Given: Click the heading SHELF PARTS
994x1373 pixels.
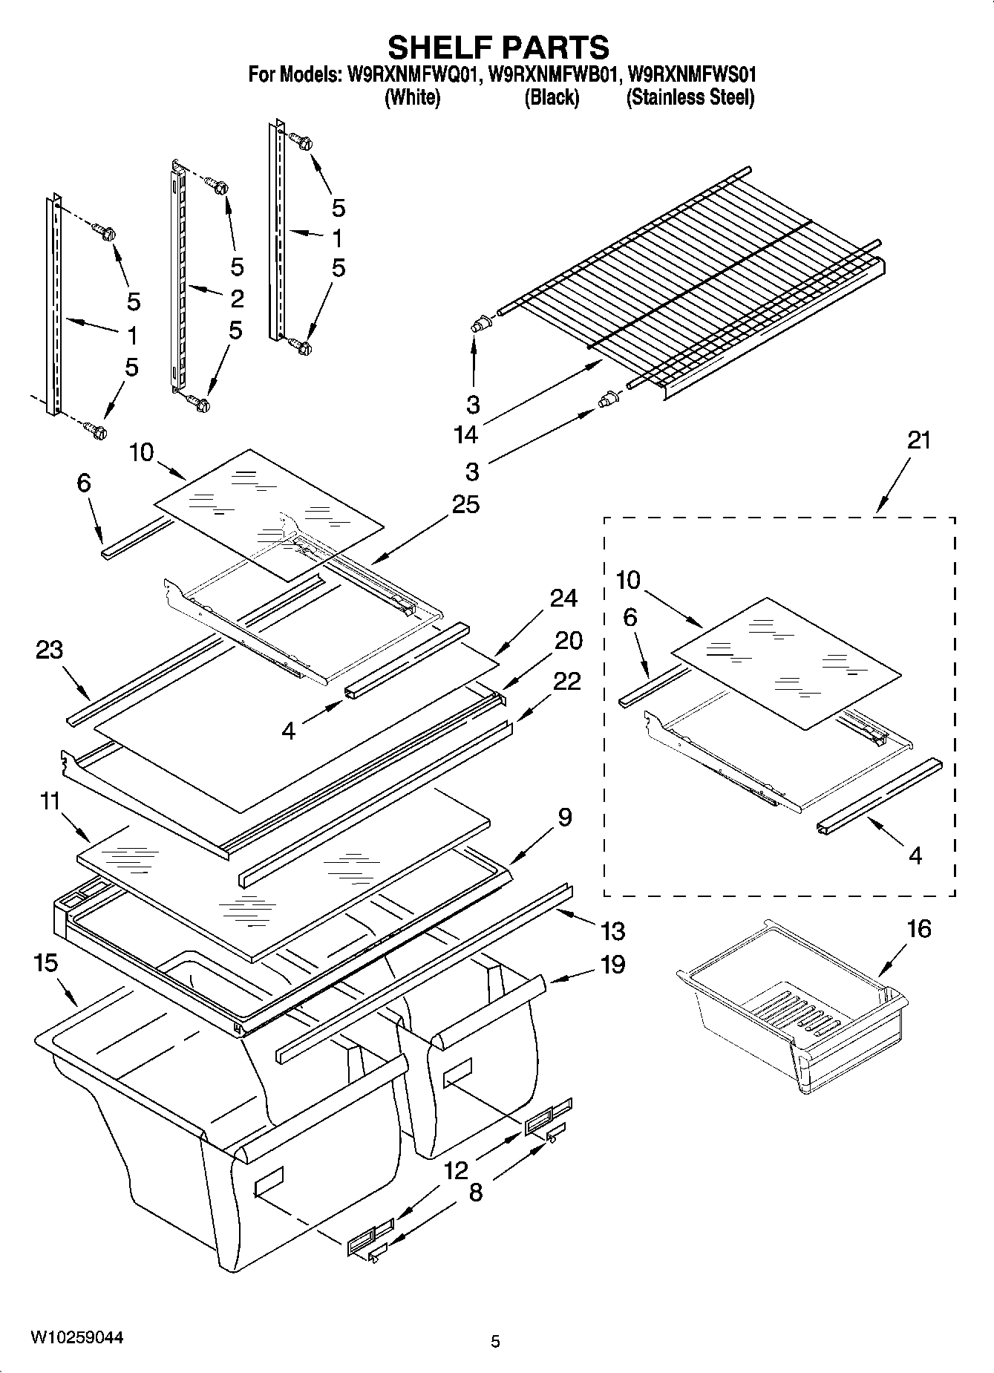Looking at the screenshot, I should [498, 48].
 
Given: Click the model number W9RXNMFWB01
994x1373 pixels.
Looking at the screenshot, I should [553, 75].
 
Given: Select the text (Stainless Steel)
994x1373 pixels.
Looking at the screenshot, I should [690, 98].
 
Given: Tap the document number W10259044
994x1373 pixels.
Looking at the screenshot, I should [76, 1337].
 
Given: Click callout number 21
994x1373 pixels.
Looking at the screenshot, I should [918, 440].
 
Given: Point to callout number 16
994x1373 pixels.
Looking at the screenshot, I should [919, 929].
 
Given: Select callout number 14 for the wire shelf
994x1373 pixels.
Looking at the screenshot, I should [466, 434].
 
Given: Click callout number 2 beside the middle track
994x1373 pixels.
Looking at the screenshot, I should [237, 299].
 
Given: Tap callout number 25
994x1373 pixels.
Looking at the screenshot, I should [465, 504].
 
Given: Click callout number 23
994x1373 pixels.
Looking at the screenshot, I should [50, 650].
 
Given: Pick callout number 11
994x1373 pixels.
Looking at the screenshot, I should [50, 802].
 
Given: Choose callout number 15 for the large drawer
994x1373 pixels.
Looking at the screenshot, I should [45, 963].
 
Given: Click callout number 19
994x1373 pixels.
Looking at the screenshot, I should [613, 965].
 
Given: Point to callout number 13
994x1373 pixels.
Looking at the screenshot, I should [613, 930].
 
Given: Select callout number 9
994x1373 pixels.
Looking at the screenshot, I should [565, 818].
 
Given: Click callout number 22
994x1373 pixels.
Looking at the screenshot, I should [567, 681].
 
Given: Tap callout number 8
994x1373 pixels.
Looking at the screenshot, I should [476, 1193].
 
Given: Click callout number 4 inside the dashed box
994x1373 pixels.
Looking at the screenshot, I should [915, 855].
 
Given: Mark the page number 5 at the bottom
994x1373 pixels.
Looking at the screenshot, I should [495, 1341].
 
